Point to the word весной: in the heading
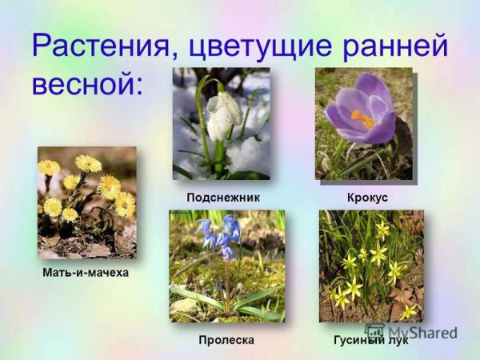[86, 82]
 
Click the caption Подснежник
[223, 197]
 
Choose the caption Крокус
[368, 197]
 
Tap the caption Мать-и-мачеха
[86, 273]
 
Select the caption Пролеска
[226, 340]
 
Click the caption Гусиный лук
[370, 340]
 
